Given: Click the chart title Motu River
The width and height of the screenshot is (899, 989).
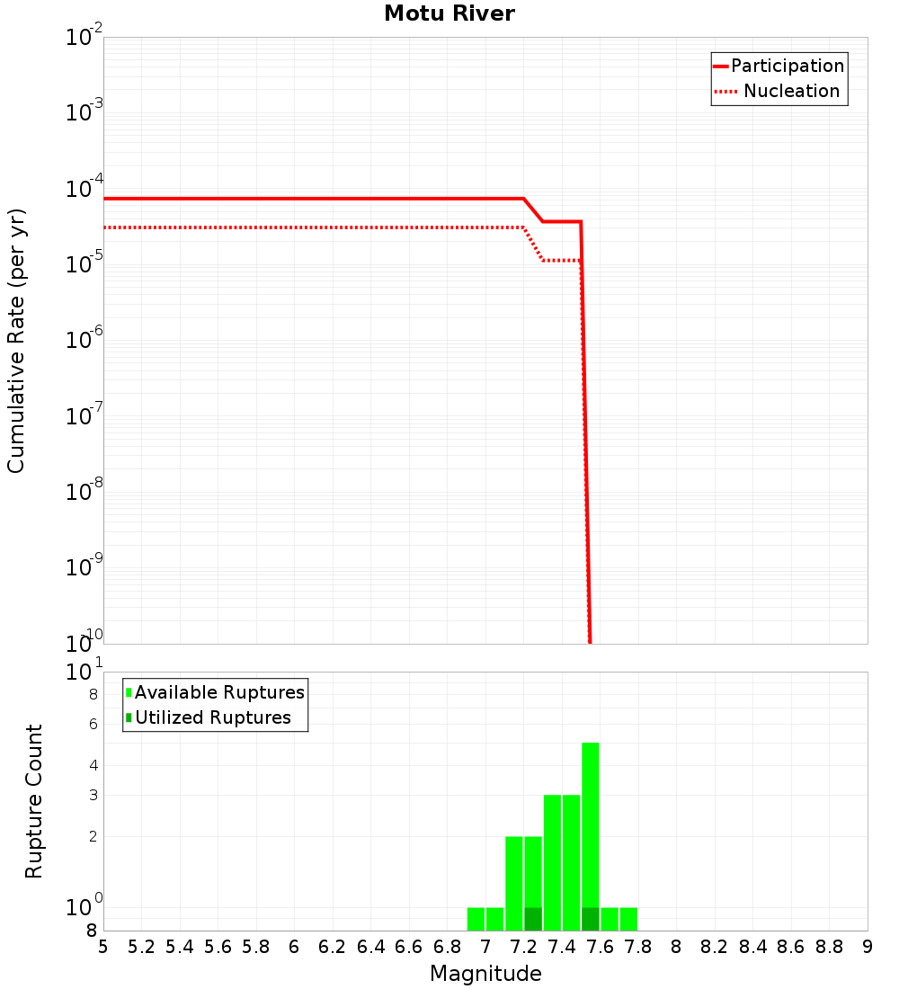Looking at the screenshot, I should coord(449,13).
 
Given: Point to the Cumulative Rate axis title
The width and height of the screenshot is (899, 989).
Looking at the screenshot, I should coord(16,340).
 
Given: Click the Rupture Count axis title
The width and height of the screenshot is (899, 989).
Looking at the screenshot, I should coord(34,801).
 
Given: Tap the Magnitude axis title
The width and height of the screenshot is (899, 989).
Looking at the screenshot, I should coord(485,974).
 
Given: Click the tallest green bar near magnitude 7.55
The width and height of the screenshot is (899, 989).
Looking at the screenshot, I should coord(591,809).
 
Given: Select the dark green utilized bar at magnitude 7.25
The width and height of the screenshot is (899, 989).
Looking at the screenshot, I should coord(533,919).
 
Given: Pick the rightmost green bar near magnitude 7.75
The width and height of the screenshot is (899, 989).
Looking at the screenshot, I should coord(628,919).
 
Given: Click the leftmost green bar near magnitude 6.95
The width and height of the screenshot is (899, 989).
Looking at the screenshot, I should coord(476,919).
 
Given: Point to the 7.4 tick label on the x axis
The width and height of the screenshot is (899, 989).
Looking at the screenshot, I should coord(562,946).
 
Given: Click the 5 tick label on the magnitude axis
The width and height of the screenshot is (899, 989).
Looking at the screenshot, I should coord(102,946).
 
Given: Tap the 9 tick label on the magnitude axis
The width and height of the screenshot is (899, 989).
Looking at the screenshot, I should coord(867,946).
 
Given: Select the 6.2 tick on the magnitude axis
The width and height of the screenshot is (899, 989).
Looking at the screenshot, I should coord(333,946).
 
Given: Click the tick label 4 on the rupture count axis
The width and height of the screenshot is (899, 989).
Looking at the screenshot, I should coord(92,765).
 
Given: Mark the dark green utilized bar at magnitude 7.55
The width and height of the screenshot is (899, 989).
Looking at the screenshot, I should coord(591,919).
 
